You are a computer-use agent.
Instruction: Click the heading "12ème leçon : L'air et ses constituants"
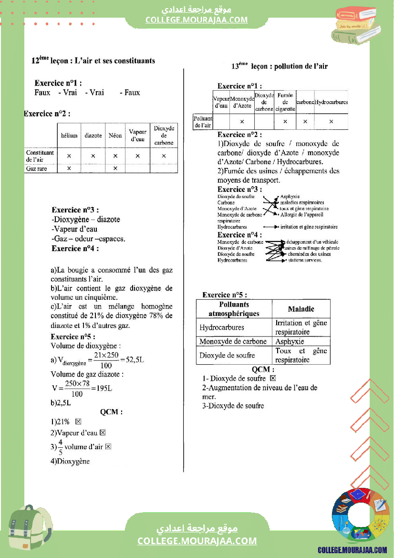pyautogui.click(x=93, y=61)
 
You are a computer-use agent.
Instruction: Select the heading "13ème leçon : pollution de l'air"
pyautogui.click(x=280, y=66)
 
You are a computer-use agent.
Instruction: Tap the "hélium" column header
pyautogui.click(x=69, y=136)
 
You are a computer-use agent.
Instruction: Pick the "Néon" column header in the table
pyautogui.click(x=115, y=136)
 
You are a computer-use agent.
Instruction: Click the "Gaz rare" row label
pyautogui.click(x=37, y=168)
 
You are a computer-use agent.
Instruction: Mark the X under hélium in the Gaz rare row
pyautogui.click(x=69, y=168)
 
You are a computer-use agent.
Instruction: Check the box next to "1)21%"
pyautogui.click(x=78, y=422)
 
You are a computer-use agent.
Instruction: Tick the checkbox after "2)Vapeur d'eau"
pyautogui.click(x=102, y=433)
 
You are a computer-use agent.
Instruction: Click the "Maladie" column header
pyautogui.click(x=301, y=309)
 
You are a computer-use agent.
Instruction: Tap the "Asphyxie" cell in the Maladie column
pyautogui.click(x=290, y=342)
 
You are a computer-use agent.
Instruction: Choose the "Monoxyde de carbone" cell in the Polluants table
pyautogui.click(x=233, y=342)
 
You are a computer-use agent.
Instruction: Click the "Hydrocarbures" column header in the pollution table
pyautogui.click(x=331, y=102)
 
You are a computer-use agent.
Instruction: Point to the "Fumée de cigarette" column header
pyautogui.click(x=285, y=102)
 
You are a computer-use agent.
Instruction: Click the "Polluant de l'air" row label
pyautogui.click(x=203, y=122)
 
